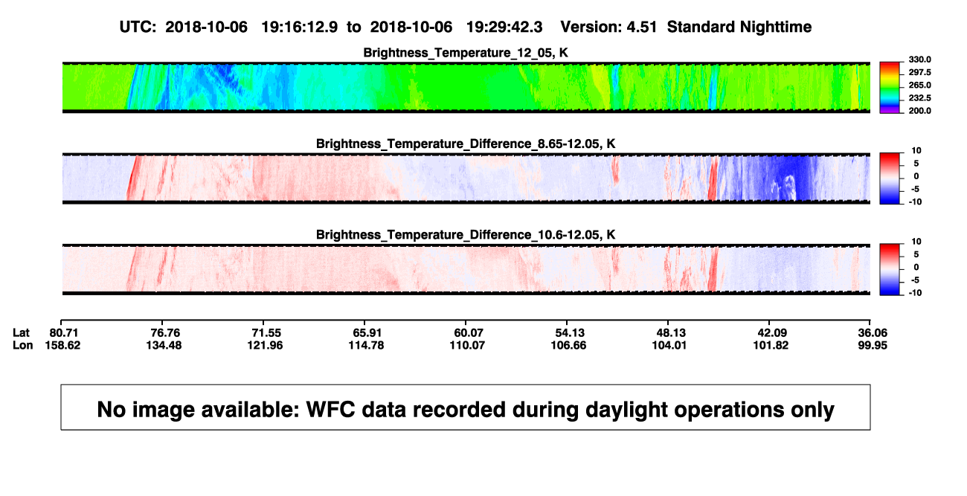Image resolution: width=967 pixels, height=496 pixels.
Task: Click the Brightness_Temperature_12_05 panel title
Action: point(466,53)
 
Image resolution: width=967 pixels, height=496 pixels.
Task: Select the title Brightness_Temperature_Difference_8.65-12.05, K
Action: point(466,144)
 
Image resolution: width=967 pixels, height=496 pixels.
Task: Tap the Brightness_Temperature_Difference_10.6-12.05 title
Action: point(466,235)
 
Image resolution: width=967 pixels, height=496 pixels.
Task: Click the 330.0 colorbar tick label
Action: point(919,59)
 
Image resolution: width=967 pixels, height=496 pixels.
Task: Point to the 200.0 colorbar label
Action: point(919,111)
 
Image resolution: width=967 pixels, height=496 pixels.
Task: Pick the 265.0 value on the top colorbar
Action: point(919,85)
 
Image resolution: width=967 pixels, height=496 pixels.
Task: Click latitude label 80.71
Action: point(63,333)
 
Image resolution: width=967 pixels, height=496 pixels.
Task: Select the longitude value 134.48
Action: point(164,345)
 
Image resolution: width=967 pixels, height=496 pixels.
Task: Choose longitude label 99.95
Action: point(873,345)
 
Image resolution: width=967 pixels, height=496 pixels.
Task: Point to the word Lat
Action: point(21,333)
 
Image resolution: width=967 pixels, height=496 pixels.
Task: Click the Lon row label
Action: point(22,345)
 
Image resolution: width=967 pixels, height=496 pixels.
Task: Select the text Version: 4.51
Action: point(608,27)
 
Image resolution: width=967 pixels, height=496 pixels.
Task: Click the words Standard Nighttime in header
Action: point(739,27)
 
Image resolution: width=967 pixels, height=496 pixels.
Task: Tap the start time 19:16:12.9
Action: point(300,27)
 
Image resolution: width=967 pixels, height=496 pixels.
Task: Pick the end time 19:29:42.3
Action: point(504,27)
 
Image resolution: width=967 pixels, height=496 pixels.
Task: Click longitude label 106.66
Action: point(568,345)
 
